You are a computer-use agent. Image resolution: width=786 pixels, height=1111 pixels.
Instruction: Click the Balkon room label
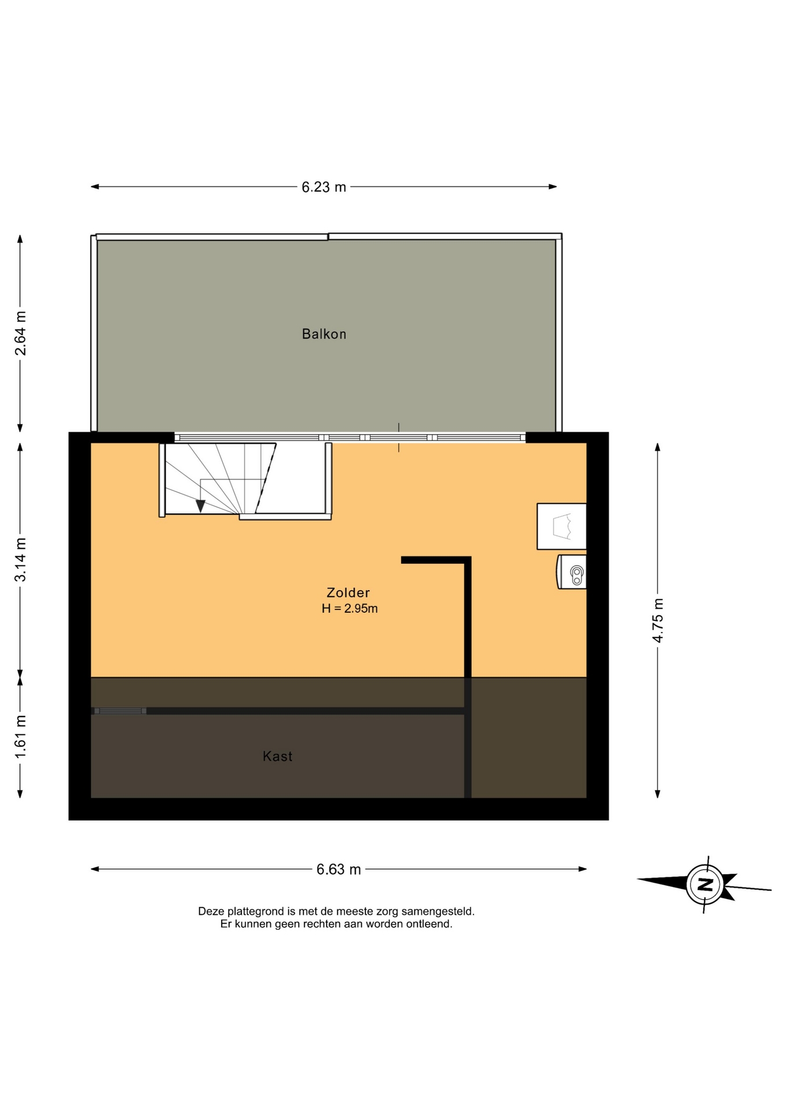coord(324,334)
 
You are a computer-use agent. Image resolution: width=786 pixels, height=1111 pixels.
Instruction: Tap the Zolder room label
coord(348,593)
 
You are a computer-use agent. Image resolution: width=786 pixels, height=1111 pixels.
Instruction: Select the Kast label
coord(278,756)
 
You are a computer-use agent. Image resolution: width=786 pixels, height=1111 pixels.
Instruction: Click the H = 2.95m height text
coord(350,608)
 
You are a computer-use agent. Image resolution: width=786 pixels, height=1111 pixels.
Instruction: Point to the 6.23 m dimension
coord(324,187)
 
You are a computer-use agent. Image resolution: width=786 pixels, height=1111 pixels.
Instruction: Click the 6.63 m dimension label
coord(339,869)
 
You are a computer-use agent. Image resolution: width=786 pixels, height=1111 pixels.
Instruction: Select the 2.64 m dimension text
coord(20,333)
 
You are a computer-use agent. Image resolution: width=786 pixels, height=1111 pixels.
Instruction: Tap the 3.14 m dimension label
coord(20,560)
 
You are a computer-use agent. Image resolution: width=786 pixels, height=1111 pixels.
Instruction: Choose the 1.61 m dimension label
coord(20,737)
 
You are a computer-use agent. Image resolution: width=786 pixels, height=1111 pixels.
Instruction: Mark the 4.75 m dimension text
coord(658,620)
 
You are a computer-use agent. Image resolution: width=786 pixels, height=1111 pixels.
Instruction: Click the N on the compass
coord(705,884)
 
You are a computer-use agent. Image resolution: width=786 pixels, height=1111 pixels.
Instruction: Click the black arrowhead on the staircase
coord(200,506)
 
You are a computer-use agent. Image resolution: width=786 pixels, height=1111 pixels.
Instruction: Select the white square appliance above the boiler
coord(561,527)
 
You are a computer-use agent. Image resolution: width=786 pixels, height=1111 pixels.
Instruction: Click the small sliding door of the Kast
coord(119,711)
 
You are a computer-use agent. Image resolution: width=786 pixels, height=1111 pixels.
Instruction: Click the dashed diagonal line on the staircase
coord(266,479)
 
